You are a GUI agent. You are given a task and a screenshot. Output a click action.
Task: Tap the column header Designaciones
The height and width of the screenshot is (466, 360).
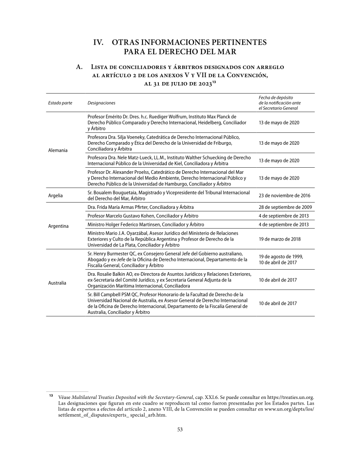click(x=101, y=103)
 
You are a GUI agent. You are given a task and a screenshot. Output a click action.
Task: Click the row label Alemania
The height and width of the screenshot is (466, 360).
click(x=58, y=150)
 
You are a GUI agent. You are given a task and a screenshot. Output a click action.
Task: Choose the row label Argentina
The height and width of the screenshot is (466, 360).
click(x=58, y=226)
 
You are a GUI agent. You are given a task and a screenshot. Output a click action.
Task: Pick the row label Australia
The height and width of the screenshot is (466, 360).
click(x=57, y=282)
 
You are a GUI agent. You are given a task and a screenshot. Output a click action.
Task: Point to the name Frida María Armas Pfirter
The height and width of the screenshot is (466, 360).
click(x=122, y=207)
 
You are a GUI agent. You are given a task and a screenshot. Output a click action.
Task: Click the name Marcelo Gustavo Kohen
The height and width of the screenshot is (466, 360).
click(x=131, y=216)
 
